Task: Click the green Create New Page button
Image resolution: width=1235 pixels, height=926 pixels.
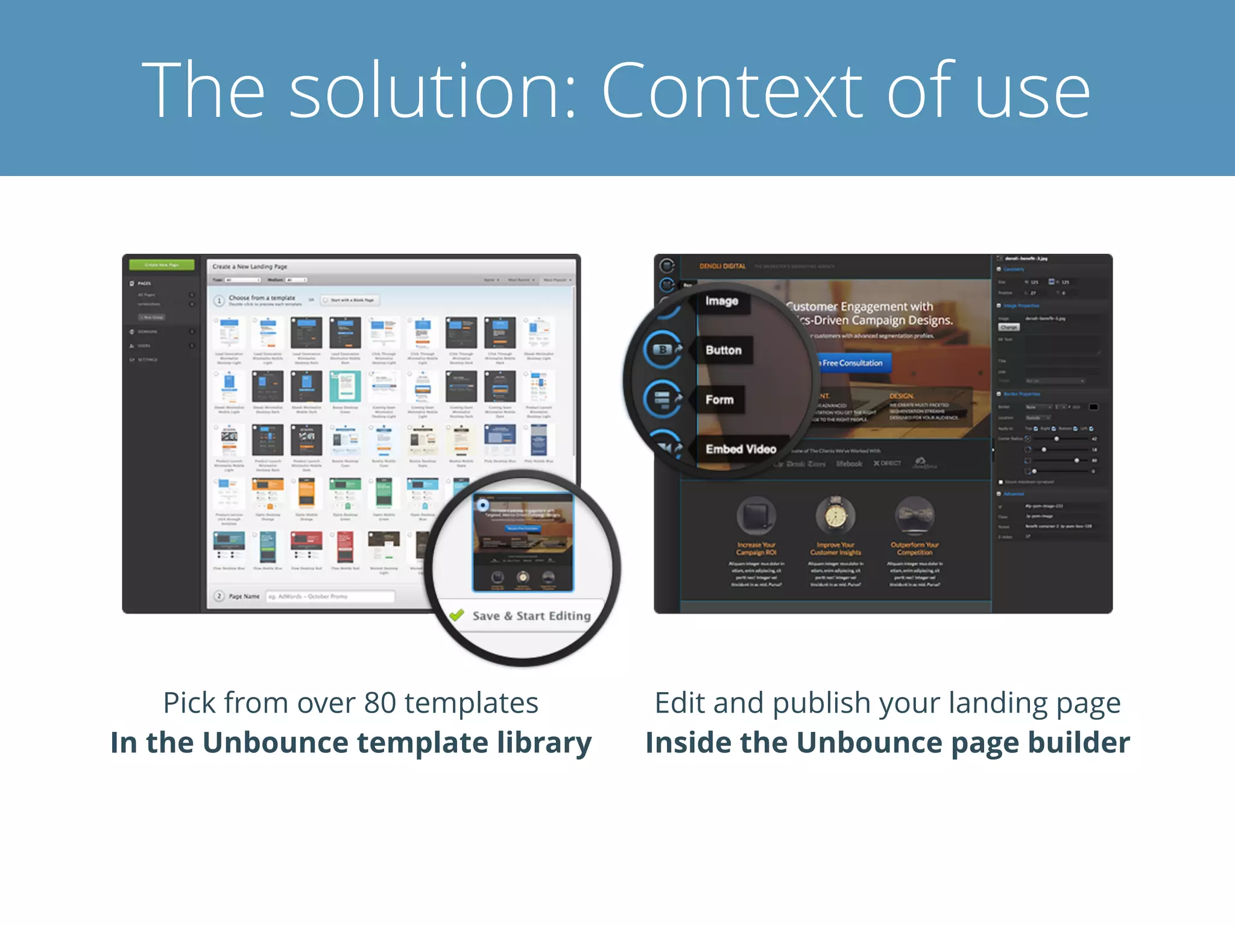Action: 162,265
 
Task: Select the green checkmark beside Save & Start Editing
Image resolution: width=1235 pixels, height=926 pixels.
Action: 456,615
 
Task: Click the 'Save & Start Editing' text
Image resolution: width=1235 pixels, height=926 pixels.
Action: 531,616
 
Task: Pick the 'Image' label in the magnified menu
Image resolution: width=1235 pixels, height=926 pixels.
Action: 722,301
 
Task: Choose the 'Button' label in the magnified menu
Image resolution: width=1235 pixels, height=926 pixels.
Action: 724,350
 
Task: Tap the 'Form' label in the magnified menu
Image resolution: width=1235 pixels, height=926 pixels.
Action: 719,400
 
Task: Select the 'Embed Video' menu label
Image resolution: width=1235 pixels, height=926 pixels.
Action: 741,449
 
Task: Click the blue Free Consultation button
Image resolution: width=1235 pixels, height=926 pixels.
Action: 852,363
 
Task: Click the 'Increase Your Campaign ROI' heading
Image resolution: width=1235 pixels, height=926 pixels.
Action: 756,548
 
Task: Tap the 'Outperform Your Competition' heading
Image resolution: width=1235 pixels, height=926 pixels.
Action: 914,548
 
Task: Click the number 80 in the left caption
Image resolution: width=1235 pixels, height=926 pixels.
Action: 380,703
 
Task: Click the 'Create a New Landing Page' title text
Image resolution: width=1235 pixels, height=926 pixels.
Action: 250,266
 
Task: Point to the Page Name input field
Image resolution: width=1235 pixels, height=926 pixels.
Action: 330,596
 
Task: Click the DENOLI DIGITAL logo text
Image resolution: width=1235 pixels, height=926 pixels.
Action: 722,266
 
